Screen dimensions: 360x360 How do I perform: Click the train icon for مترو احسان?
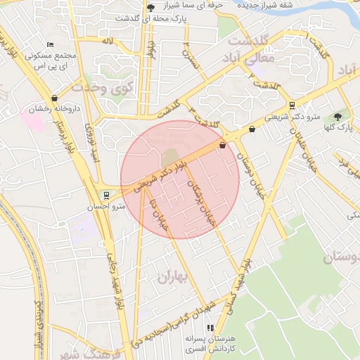tap(106, 195)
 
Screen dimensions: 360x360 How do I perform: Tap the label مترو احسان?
tap(105, 207)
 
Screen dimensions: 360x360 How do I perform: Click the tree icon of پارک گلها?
tap(338, 116)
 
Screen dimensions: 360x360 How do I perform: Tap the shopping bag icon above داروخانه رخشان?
tap(55, 98)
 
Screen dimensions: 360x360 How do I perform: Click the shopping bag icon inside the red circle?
tap(223, 146)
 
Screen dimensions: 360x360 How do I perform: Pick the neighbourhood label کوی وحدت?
tap(102, 89)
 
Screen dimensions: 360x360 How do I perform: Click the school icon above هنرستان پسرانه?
tap(210, 328)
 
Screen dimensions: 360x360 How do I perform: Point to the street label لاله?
tap(107, 41)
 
